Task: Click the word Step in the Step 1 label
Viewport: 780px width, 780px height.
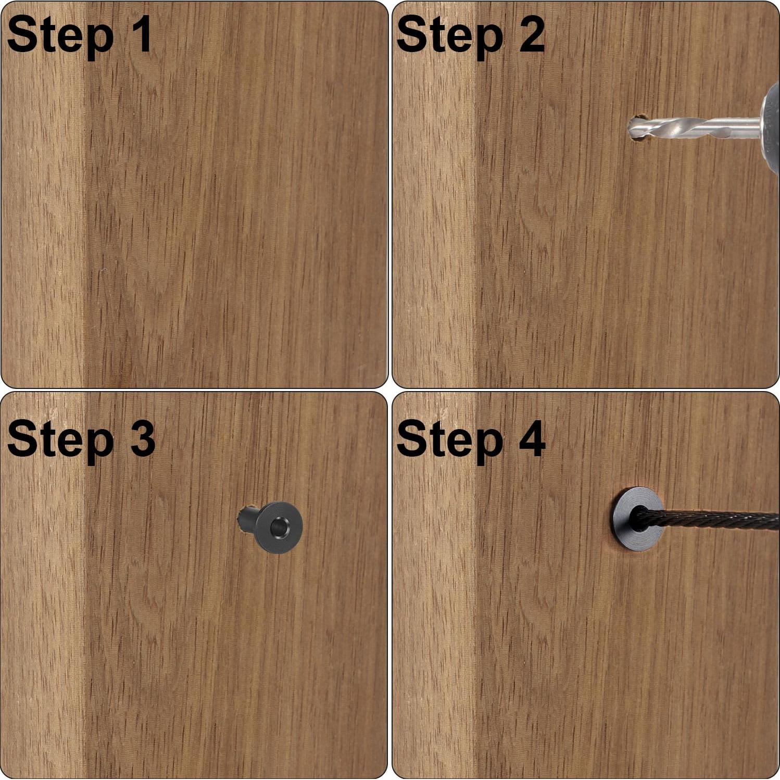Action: pyautogui.click(x=60, y=35)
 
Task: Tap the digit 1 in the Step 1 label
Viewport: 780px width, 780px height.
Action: pyautogui.click(x=141, y=33)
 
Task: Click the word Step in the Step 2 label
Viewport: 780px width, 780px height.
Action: pyautogui.click(x=450, y=35)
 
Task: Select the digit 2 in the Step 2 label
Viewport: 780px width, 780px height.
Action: pyautogui.click(x=532, y=33)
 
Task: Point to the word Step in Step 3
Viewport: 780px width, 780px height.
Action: pyautogui.click(x=60, y=440)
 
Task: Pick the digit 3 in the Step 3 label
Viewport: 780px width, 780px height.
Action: pyautogui.click(x=142, y=438)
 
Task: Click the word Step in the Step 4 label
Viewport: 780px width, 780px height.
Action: pyautogui.click(x=450, y=440)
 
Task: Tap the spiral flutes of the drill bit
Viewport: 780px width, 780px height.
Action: pyautogui.click(x=664, y=128)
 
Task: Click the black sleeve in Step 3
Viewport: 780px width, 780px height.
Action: pyautogui.click(x=270, y=526)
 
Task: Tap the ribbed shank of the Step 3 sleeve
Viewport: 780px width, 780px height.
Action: pyautogui.click(x=248, y=519)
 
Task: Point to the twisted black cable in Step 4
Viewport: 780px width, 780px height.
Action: pyautogui.click(x=708, y=519)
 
